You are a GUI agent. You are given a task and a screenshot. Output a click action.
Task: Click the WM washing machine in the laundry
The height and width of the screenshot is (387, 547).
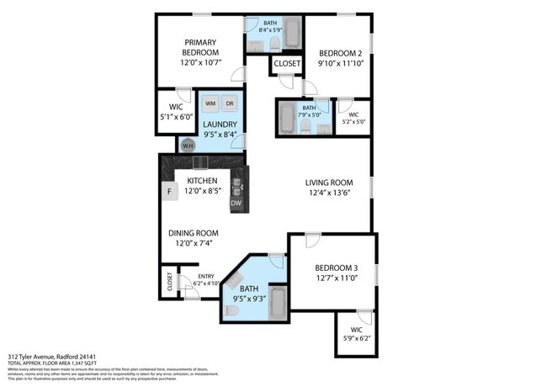(210, 103)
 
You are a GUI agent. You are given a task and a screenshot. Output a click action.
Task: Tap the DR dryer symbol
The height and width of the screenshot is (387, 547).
(229, 103)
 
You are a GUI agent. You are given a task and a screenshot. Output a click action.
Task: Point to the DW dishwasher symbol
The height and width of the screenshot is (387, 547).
(236, 203)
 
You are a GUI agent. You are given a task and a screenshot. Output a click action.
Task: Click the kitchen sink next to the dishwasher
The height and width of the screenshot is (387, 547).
(236, 184)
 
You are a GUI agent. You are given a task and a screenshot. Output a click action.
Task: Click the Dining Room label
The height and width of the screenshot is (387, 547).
(194, 233)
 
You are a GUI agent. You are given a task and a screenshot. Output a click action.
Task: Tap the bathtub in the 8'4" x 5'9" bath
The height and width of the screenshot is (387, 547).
(292, 34)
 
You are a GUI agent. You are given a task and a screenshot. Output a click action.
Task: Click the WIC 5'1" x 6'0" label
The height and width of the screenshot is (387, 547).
(176, 112)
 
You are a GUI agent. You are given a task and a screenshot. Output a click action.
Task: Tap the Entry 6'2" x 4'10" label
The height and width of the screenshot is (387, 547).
(206, 280)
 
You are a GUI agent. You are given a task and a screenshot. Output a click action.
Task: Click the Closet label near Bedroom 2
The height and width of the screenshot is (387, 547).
(287, 63)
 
